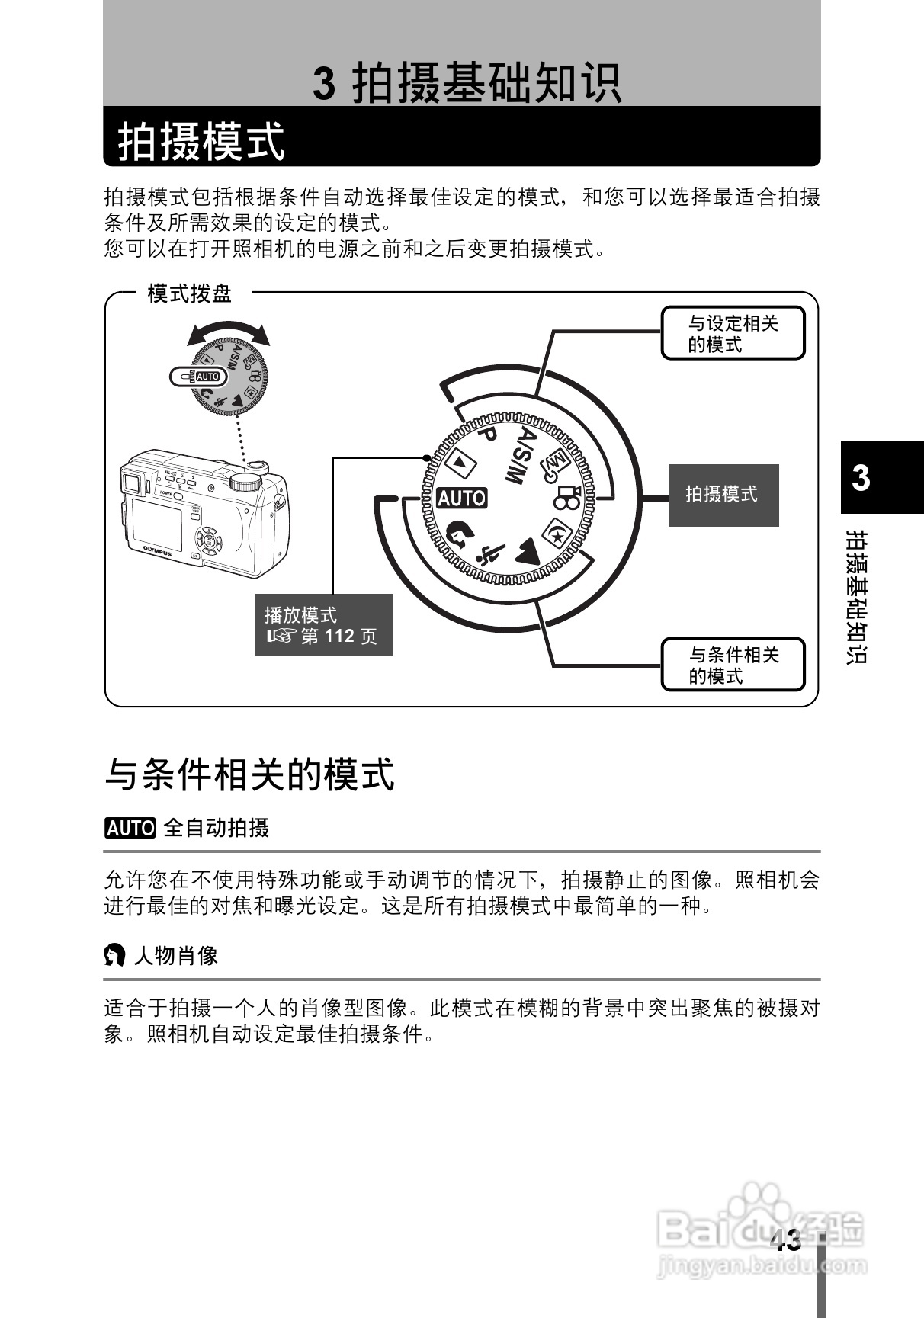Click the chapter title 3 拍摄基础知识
tap(467, 82)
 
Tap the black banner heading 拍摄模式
tap(201, 141)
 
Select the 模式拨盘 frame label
tap(189, 293)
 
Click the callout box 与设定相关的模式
tap(732, 334)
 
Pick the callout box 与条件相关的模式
tap(732, 665)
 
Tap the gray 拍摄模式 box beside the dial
tap(723, 495)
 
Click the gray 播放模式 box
tap(322, 625)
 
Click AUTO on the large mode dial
tap(461, 499)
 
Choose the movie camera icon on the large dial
tap(568, 498)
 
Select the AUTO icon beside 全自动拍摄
tap(130, 828)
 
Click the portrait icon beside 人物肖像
tap(114, 955)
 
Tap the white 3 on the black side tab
tap(861, 478)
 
